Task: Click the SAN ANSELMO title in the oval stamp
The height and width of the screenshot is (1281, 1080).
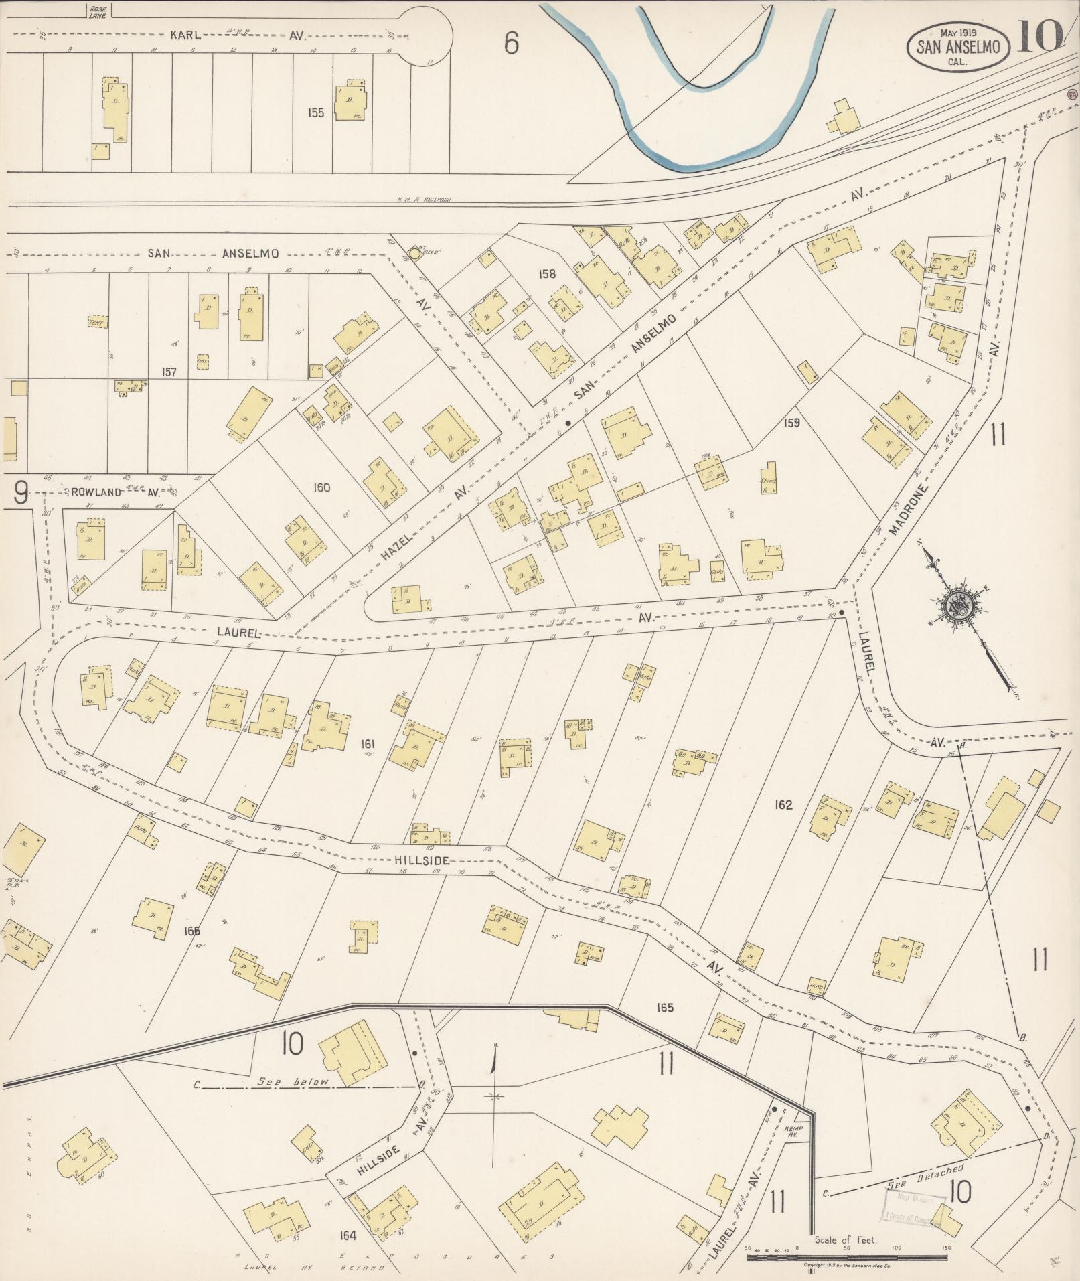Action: [957, 46]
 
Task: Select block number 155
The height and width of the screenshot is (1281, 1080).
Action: [315, 112]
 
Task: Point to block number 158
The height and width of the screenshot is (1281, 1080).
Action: [547, 273]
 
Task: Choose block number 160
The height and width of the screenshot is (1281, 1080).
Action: [321, 487]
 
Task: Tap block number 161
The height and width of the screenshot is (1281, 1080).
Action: [367, 743]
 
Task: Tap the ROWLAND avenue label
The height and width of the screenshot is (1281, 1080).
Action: [85, 492]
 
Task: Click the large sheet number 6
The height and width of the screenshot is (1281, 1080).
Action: [512, 44]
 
